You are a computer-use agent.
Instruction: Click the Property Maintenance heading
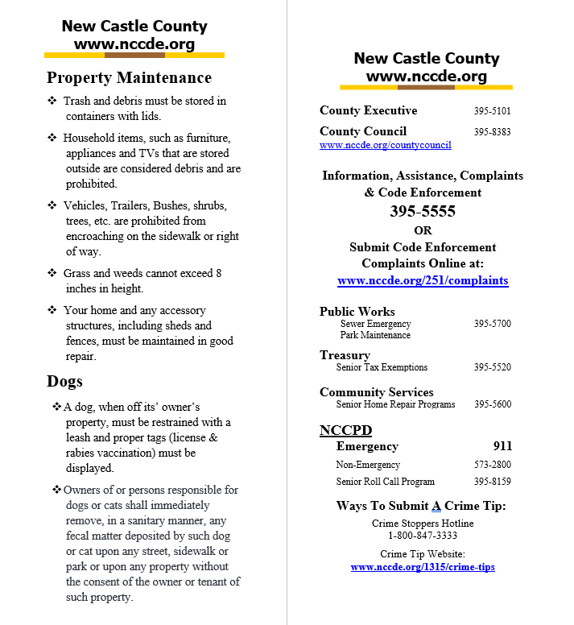[x=129, y=78]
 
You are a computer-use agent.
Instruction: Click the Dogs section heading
[x=64, y=381]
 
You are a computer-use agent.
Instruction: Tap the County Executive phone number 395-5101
[x=492, y=111]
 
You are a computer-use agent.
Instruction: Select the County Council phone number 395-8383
[x=492, y=132]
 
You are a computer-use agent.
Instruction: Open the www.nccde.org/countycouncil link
[x=385, y=145]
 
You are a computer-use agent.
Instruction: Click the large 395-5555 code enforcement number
[x=422, y=212]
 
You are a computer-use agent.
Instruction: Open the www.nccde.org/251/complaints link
[x=423, y=281]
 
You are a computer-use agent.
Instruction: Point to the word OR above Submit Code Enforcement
[x=423, y=230]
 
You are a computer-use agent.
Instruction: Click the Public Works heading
[x=357, y=312]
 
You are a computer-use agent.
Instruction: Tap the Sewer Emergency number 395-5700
[x=492, y=324]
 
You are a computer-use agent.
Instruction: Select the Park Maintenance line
[x=374, y=335]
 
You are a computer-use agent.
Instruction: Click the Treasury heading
[x=345, y=355]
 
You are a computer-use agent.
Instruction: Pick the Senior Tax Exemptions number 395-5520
[x=492, y=367]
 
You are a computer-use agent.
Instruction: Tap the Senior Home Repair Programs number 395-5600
[x=492, y=404]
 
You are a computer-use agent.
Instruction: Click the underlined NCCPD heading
[x=345, y=429]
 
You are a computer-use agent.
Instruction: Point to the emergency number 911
[x=502, y=446]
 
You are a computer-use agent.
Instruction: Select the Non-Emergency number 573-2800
[x=492, y=465]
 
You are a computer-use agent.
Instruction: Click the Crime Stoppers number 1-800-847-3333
[x=423, y=535]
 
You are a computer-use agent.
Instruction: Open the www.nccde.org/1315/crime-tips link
[x=423, y=567]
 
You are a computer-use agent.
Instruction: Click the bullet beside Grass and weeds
[x=52, y=273]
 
